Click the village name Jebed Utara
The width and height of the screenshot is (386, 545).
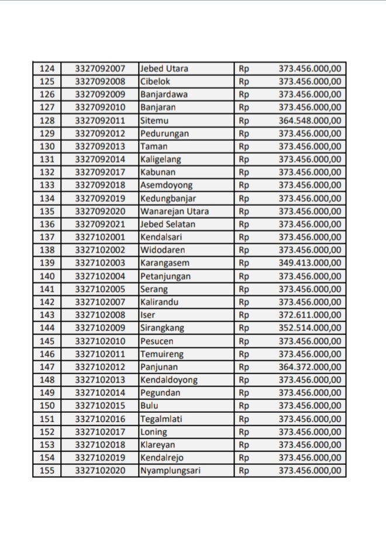pos(164,68)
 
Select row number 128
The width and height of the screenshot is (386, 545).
pos(47,120)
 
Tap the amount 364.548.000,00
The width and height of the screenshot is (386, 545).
pos(309,120)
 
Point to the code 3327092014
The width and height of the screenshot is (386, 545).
pos(100,159)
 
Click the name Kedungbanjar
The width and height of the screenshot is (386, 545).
pos(168,198)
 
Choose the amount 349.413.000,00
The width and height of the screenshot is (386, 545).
pos(309,263)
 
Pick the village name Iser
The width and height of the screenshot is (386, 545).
pos(148,315)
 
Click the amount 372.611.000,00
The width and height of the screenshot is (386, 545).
pos(309,315)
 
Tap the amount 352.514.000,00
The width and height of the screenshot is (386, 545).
pos(309,328)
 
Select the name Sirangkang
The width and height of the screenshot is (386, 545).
pos(161,328)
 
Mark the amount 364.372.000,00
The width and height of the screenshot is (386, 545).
pos(309,367)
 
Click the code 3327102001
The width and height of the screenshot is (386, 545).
pos(100,237)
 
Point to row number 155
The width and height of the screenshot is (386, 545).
pos(47,471)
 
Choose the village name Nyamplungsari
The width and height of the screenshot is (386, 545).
pos(170,471)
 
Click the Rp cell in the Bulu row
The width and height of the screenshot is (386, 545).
pos(244,406)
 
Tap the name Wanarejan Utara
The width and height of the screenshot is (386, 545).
pos(174,211)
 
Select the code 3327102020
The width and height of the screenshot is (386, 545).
pos(100,471)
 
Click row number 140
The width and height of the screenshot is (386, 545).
pos(47,276)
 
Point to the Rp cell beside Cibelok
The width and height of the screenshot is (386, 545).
pos(244,81)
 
